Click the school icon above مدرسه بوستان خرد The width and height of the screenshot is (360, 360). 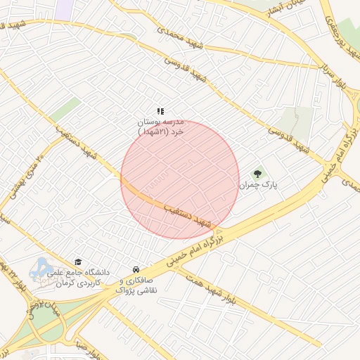[161, 110]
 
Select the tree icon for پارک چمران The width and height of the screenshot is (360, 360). [258, 174]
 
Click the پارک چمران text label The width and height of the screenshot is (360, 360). [258, 186]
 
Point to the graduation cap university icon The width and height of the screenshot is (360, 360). [78, 261]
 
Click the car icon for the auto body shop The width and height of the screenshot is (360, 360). [136, 269]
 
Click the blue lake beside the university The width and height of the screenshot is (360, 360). [41, 267]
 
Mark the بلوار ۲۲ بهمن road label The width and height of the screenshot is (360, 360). [14, 275]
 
